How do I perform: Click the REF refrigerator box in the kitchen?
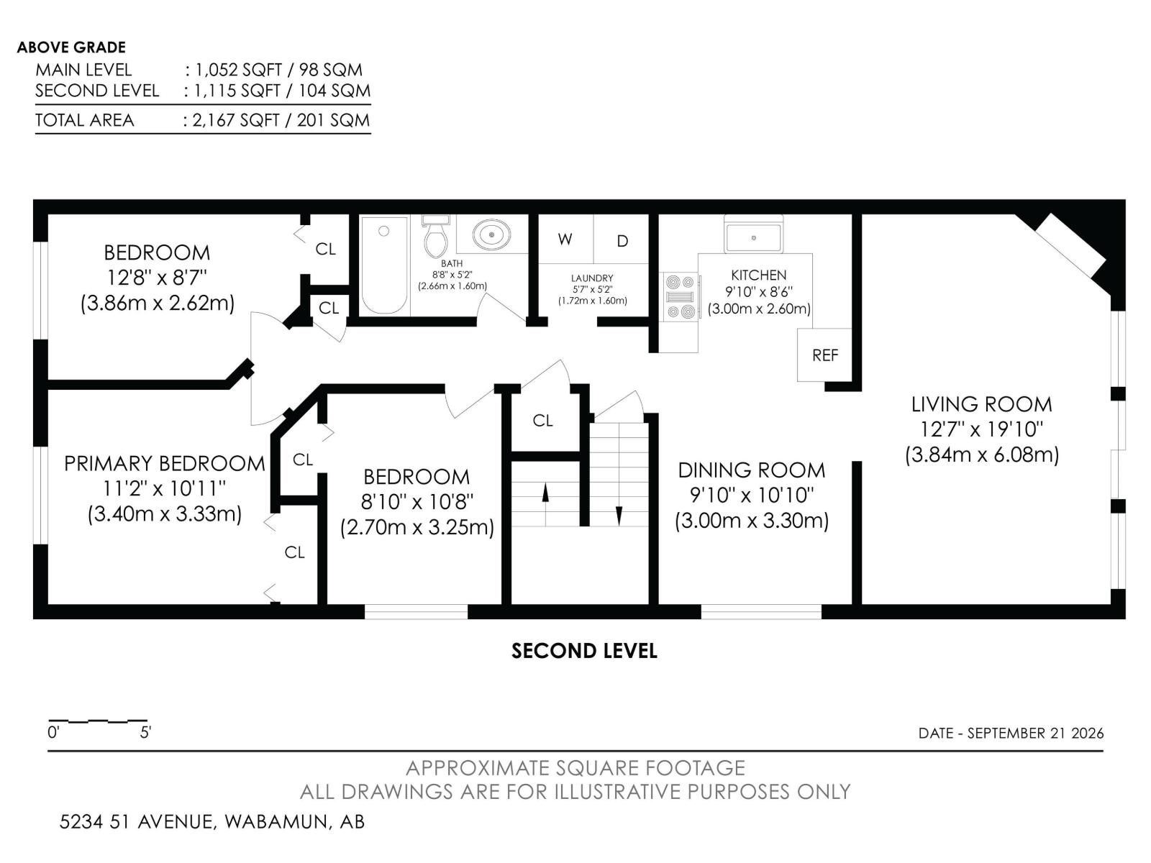pos(824,355)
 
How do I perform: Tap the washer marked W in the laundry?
pos(566,239)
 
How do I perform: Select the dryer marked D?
pos(622,239)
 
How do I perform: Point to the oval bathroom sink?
pos(491,234)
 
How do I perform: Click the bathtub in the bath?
pos(384,265)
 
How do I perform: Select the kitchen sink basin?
pos(753,237)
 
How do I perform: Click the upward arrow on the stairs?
pos(545,493)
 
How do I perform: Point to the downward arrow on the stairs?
pos(619,516)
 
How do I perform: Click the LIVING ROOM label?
pos(982,404)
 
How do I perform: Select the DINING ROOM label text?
pos(752,470)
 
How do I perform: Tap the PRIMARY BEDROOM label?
pos(165,464)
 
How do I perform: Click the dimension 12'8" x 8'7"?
pos(157,278)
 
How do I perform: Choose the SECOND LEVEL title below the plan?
pos(584,651)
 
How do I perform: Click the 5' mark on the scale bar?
pos(146,732)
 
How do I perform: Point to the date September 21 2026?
pos(1036,733)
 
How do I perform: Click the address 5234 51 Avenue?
pos(138,821)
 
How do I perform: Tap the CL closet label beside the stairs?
pos(542,420)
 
